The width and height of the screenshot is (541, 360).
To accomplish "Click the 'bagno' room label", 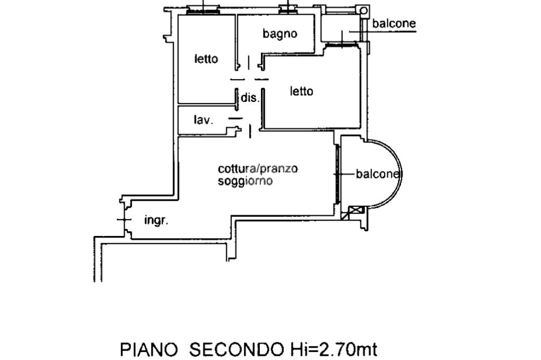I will [280, 34].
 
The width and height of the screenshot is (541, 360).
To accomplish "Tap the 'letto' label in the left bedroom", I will [206, 59].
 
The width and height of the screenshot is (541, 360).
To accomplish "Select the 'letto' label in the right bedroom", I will [301, 91].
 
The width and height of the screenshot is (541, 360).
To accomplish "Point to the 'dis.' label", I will [250, 98].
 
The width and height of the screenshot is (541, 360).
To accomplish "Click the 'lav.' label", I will [203, 120].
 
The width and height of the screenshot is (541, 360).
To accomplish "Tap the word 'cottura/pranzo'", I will [258, 169].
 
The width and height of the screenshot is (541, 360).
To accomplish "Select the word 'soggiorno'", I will [245, 181].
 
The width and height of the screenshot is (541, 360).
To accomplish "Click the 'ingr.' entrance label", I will [156, 221].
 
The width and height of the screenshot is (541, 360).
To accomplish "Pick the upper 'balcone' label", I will [394, 24].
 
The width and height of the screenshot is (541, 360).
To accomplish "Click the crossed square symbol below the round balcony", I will [357, 212].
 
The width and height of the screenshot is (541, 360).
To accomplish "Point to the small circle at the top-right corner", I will [363, 11].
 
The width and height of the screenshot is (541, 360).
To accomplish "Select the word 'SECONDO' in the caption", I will [236, 349].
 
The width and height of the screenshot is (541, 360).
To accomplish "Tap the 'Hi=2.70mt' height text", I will [333, 349].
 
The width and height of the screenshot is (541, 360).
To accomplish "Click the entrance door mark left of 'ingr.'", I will [124, 219].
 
